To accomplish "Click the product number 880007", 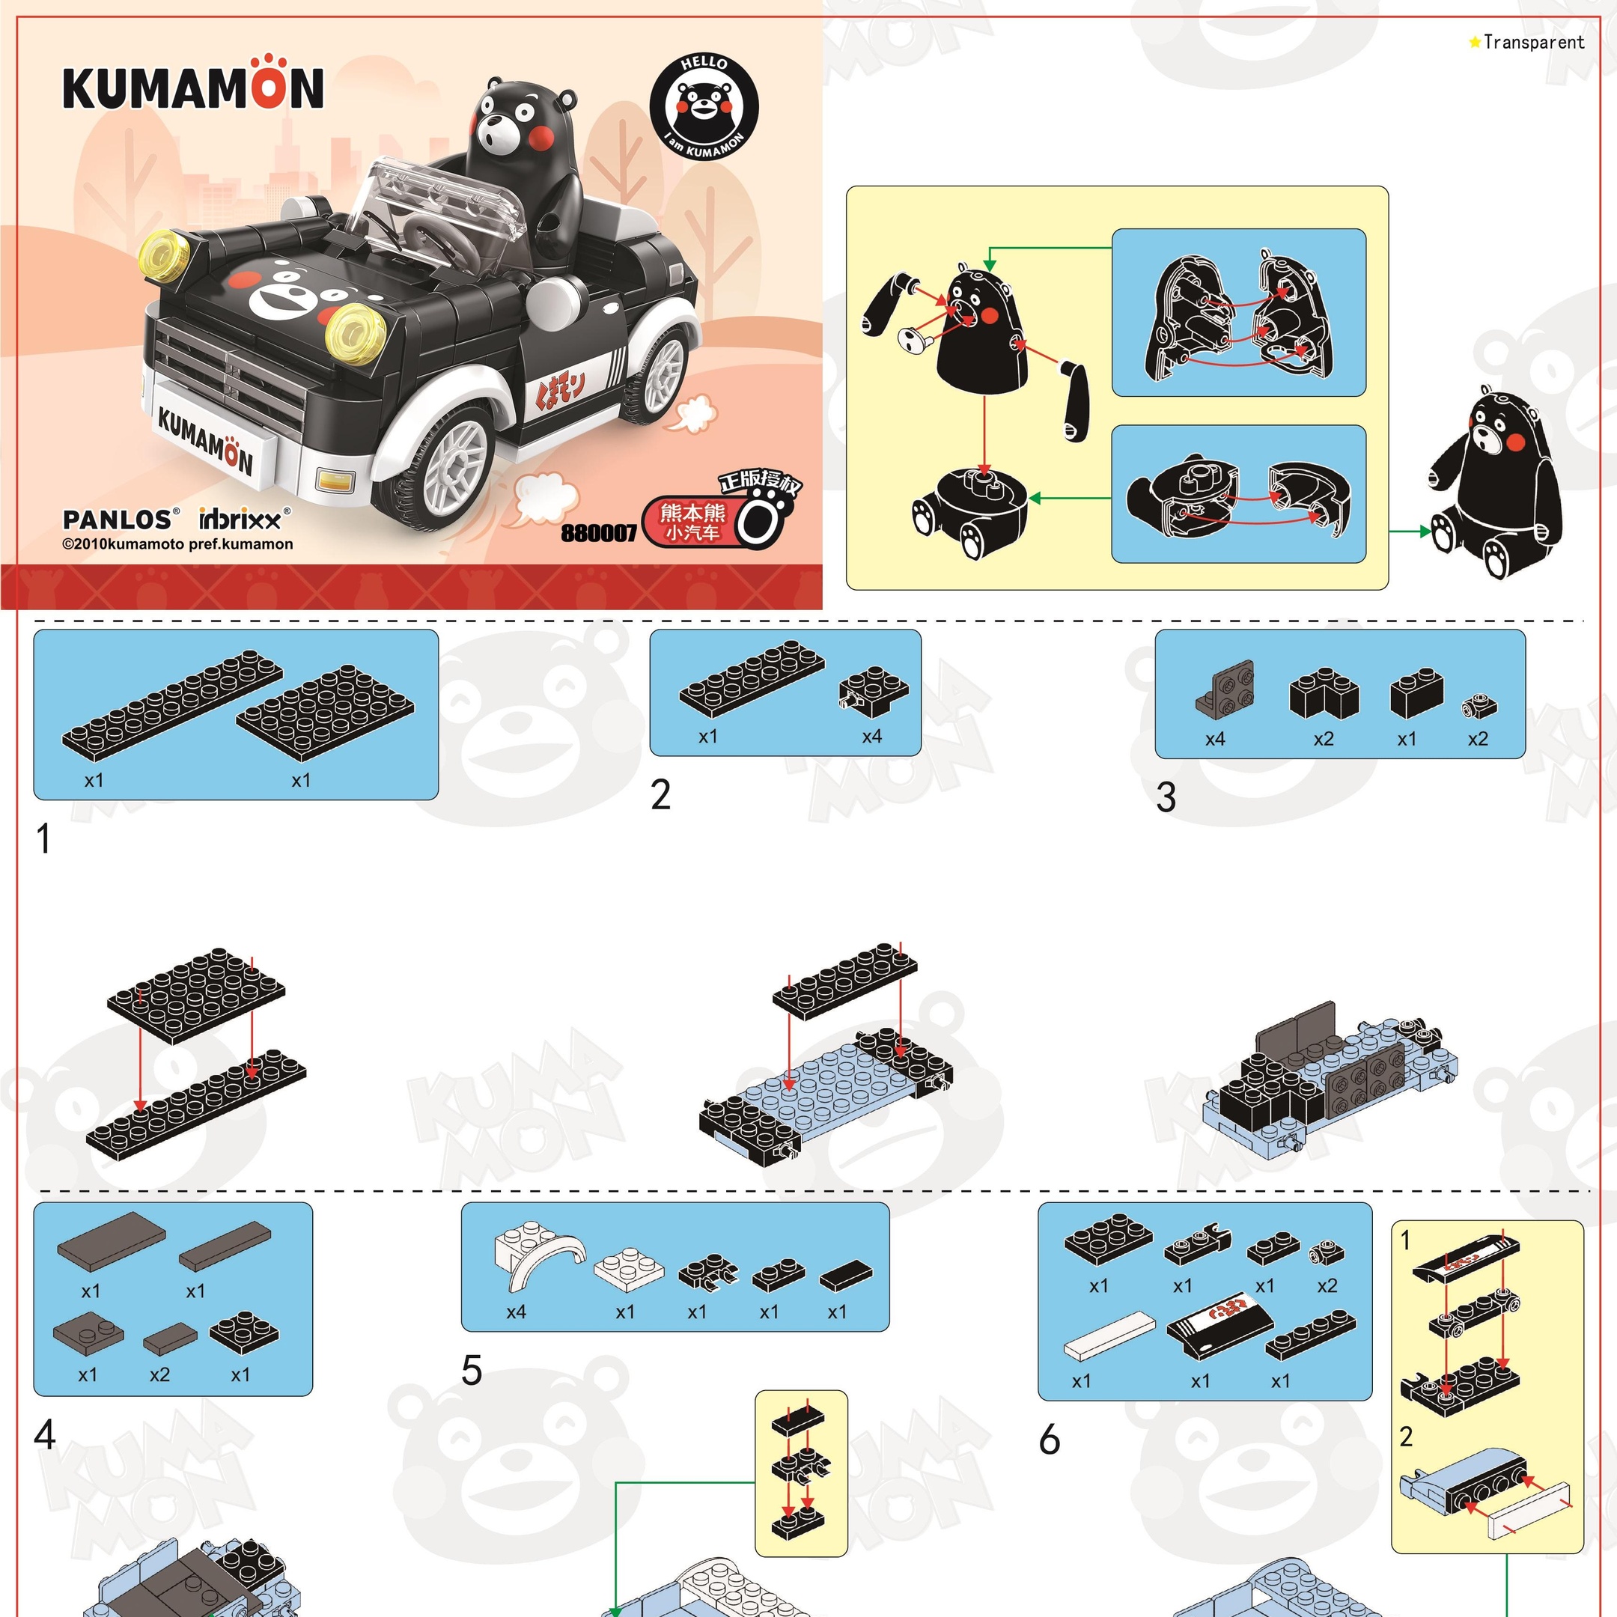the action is tap(598, 533).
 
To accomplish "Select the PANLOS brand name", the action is tap(118, 520).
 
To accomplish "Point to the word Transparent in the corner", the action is tap(1533, 42).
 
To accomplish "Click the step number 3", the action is tap(1166, 797).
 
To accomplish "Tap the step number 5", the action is tap(472, 1371).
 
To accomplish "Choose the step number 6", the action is tap(1050, 1440).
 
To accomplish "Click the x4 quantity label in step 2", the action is tap(872, 737).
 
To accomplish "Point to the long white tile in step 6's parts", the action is tap(1109, 1336).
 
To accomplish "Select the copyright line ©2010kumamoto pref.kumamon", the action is tap(177, 545).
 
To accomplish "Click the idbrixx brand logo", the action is tap(244, 519).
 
